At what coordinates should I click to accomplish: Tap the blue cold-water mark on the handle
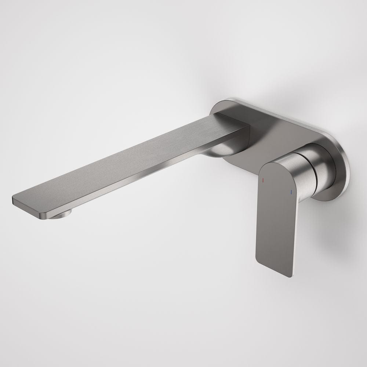pyautogui.click(x=291, y=192)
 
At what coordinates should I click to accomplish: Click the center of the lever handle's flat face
pyautogui.click(x=275, y=217)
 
